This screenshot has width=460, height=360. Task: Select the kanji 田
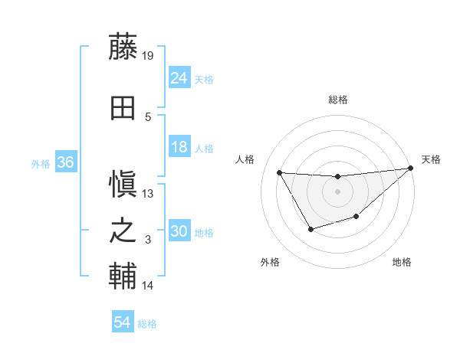(123, 108)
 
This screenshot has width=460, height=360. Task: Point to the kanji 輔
(123, 276)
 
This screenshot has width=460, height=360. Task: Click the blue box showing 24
(179, 77)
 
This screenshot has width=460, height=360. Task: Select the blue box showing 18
(179, 148)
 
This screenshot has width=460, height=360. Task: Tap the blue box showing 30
(179, 232)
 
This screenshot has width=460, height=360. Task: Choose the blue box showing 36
(65, 162)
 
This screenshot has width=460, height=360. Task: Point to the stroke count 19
(149, 55)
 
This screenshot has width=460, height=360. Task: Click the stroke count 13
(149, 193)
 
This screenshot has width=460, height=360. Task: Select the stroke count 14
(149, 286)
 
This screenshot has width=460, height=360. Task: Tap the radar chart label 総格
(337, 100)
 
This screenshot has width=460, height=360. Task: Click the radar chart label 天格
(431, 159)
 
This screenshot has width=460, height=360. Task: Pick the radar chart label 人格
(245, 159)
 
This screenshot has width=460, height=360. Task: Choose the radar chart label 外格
(270, 262)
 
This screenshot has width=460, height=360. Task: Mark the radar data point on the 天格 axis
(410, 169)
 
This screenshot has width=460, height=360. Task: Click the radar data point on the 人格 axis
(279, 172)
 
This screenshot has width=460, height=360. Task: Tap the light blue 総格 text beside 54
(147, 324)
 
